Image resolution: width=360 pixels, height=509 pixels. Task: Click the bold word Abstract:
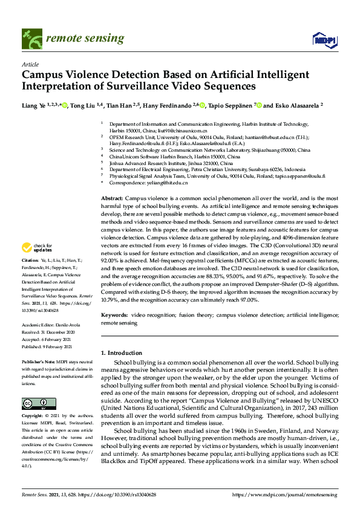coord(111,199)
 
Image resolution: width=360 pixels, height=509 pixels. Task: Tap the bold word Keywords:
coord(114,315)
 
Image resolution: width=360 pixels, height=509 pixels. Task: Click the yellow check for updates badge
coord(37,264)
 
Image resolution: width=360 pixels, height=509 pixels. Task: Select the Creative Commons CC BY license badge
coord(39,404)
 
